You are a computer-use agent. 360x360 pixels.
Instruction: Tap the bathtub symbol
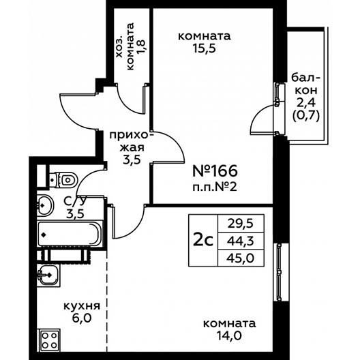pyautogui.click(x=70, y=233)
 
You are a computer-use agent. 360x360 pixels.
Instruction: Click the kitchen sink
pyautogui.click(x=48, y=275)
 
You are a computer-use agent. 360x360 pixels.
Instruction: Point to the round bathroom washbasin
pyautogui.click(x=45, y=205)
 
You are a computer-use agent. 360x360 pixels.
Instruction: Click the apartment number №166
pyautogui.click(x=215, y=171)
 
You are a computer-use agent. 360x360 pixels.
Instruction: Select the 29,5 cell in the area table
pyautogui.click(x=241, y=224)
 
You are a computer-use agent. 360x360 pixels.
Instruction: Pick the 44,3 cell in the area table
pyautogui.click(x=241, y=241)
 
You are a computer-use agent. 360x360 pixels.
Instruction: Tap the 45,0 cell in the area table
pyautogui.click(x=241, y=258)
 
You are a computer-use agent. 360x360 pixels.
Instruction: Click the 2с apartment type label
pyautogui.click(x=203, y=241)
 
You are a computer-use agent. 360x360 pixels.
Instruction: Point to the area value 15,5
pyautogui.click(x=204, y=48)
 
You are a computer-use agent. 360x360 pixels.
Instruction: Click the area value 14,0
pyautogui.click(x=229, y=336)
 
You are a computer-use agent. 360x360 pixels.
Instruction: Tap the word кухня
pyautogui.click(x=82, y=306)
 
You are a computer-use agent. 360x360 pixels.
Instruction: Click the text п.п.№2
pyautogui.click(x=215, y=187)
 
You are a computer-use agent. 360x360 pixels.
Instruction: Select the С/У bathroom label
pyautogui.click(x=75, y=202)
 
